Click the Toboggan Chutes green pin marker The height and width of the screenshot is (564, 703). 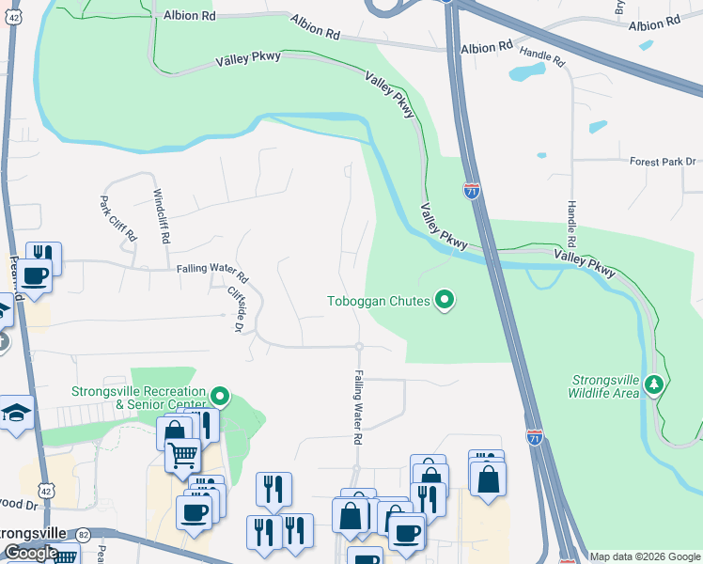pos(445,301)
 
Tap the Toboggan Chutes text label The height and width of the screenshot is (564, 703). pos(378,302)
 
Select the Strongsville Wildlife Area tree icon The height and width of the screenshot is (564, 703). pos(655,384)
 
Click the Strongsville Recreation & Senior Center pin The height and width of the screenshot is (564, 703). pos(220,396)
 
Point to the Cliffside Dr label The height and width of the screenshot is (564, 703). pos(236,309)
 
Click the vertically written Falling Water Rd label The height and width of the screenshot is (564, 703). pos(358,406)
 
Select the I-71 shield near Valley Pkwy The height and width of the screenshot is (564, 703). pos(472,191)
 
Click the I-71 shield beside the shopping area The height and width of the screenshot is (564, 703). pos(534,438)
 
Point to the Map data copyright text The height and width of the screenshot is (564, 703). pos(645,556)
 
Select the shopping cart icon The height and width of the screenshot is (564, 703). pos(182,456)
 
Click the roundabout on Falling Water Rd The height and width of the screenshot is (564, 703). pos(359,347)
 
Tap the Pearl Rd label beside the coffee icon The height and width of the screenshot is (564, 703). pos(15,273)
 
